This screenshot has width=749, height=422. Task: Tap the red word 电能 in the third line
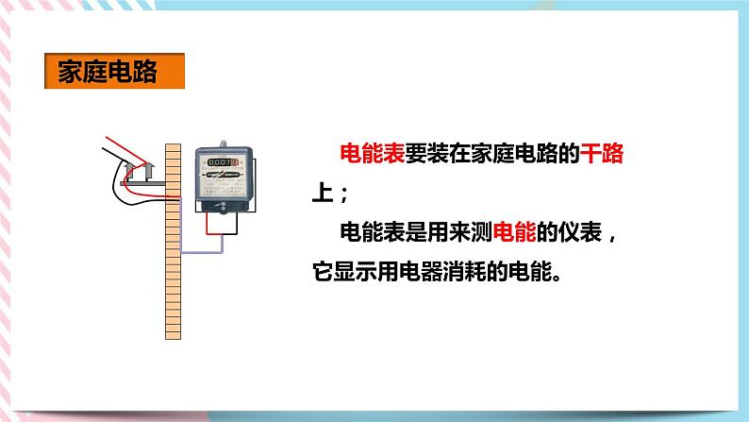point(512,230)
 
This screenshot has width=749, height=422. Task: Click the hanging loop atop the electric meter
point(223,144)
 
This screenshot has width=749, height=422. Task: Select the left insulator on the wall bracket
point(128,172)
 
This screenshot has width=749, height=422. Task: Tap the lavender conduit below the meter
point(203,252)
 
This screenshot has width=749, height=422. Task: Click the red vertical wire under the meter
point(210,224)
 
